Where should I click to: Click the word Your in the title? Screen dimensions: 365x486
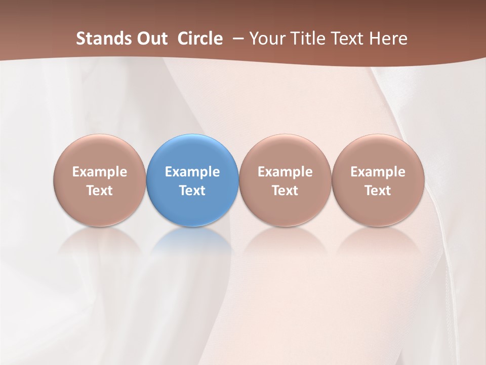click(266, 39)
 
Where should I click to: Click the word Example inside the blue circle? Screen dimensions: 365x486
click(192, 172)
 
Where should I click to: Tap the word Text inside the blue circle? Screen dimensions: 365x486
click(192, 191)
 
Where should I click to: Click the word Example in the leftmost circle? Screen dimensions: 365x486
click(100, 172)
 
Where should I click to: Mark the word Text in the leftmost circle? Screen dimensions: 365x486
click(100, 191)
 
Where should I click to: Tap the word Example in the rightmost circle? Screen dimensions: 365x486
click(378, 172)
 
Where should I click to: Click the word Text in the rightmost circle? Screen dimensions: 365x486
click(378, 191)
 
